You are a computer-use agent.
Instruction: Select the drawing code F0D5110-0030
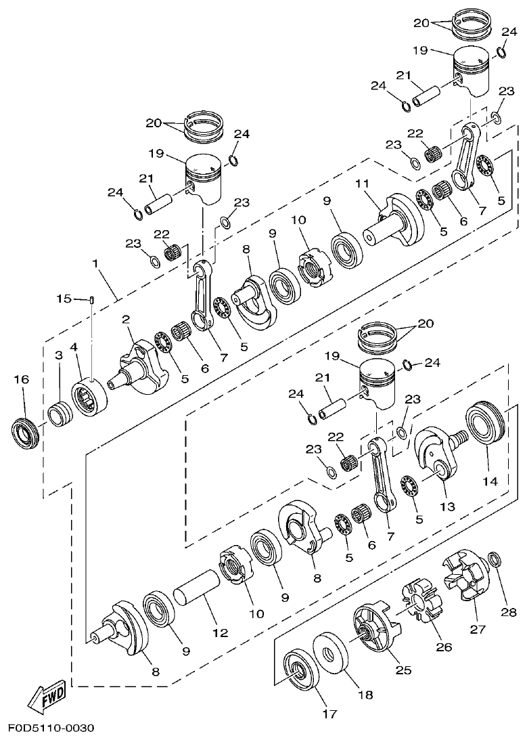pos(51,728)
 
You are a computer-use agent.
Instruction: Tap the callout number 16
pos(22,380)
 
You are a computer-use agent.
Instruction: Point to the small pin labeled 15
pos(91,300)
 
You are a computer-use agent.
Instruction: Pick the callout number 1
pos(96,263)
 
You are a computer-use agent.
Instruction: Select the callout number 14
pos(489,481)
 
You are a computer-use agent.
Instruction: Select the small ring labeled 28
pos(495,560)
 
